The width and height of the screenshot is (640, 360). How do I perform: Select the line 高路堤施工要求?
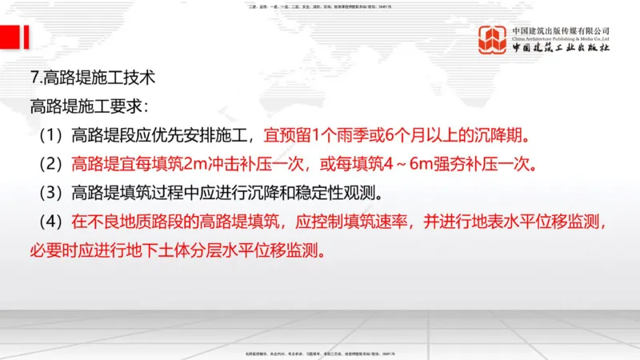pos(88,105)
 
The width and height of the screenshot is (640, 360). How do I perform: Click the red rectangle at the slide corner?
pos(10,37)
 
